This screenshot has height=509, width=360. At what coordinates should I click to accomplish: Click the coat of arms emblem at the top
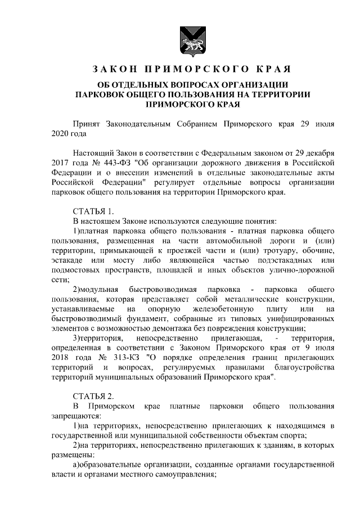tap(180, 39)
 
